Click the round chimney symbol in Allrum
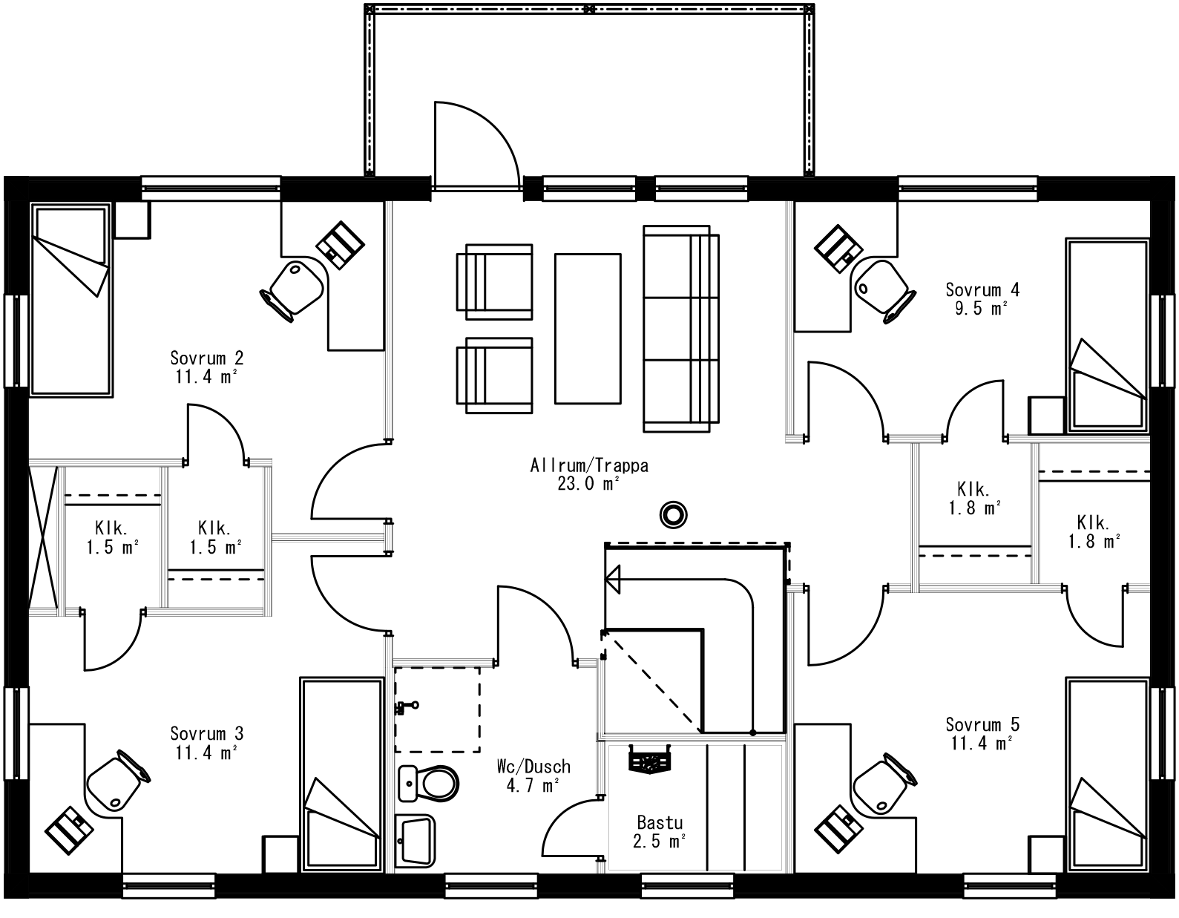tap(674, 514)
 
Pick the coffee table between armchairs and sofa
tap(587, 328)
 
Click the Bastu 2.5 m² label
tap(659, 832)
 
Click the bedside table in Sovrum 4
tap(1046, 415)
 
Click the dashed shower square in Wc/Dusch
tap(437, 709)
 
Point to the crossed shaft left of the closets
tap(42, 538)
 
